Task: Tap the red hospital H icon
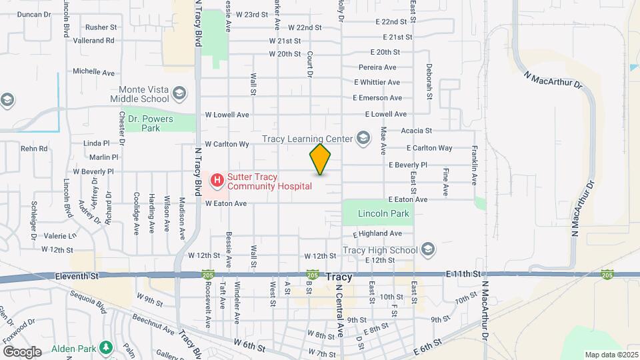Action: [x=217, y=180]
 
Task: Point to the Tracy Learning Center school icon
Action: [x=363, y=139]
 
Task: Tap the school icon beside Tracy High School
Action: [x=428, y=250]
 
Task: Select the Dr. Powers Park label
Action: [x=151, y=123]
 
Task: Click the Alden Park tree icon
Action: [x=105, y=347]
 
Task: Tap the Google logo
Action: [x=22, y=351]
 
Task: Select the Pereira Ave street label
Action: [x=377, y=67]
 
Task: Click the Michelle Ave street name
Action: [x=95, y=71]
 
